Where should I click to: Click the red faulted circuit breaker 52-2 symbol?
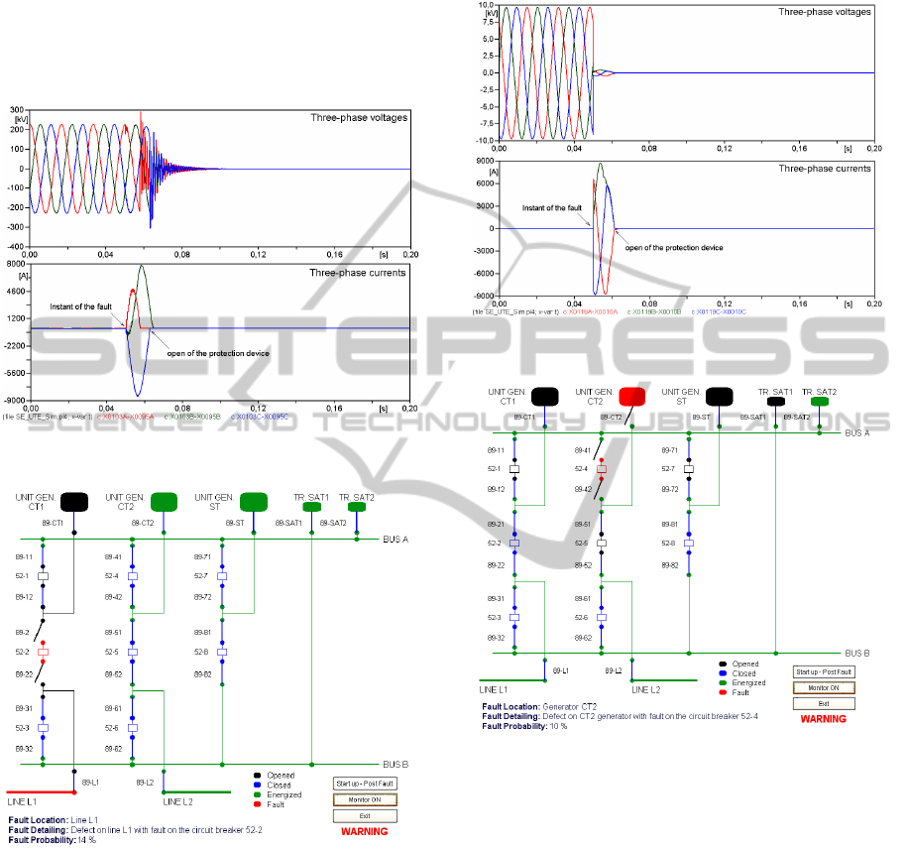click(x=43, y=652)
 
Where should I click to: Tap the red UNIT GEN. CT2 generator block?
click(x=630, y=397)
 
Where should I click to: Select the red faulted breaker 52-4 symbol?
click(x=601, y=468)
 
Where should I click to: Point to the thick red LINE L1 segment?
click(x=39, y=792)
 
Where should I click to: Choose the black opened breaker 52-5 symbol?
click(x=601, y=543)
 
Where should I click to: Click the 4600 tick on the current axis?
click(x=15, y=291)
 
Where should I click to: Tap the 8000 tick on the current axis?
click(x=15, y=264)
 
